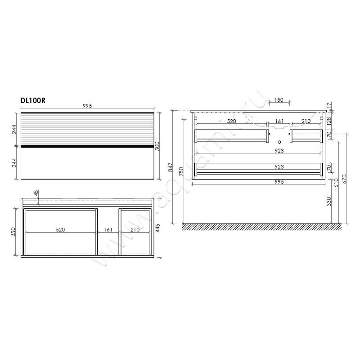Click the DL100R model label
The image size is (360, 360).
pos(33,100)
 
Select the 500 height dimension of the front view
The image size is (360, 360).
pos(157,146)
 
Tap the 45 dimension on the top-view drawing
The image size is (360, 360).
pos(36,193)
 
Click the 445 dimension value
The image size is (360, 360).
pos(158,228)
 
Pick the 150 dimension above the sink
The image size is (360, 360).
pos(279,100)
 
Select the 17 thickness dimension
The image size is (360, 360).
pos(329,106)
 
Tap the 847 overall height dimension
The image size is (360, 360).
pos(171,167)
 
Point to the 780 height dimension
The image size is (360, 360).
pos(181,171)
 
